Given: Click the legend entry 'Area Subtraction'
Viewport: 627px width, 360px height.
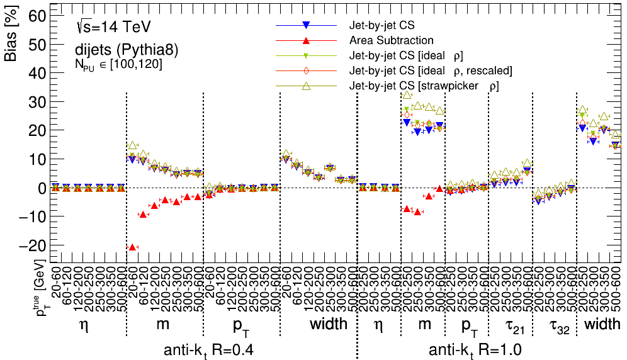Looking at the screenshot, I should click(392, 41).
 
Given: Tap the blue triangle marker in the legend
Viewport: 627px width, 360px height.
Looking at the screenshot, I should click(305, 26).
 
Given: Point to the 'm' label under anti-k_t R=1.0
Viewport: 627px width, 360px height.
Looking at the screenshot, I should click(425, 325).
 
